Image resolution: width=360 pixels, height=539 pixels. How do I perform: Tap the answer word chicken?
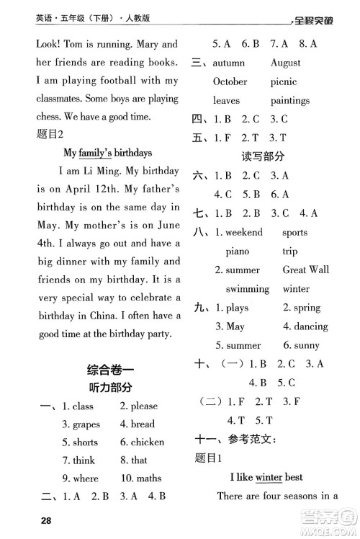click(147, 442)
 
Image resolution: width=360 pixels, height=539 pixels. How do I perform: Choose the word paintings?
click(289, 100)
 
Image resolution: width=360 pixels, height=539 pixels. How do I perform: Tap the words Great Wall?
click(306, 269)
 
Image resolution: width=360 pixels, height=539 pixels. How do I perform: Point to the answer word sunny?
click(305, 345)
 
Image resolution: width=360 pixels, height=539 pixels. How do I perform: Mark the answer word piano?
click(237, 251)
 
